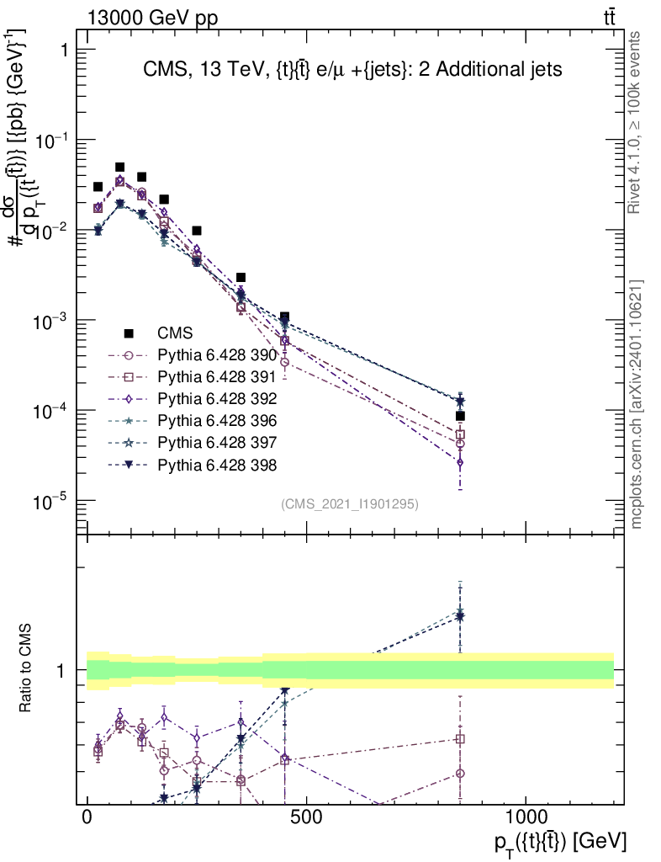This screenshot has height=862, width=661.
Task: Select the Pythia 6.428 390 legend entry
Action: click(x=217, y=355)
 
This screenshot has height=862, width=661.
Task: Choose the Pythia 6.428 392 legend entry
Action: click(x=217, y=399)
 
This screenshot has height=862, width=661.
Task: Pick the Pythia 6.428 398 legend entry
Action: click(x=217, y=465)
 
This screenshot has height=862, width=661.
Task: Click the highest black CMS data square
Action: click(x=119, y=168)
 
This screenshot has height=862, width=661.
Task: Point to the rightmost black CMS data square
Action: click(x=460, y=416)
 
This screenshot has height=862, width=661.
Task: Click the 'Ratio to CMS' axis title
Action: click(x=28, y=669)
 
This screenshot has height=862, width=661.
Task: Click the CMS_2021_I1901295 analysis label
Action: click(x=350, y=504)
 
